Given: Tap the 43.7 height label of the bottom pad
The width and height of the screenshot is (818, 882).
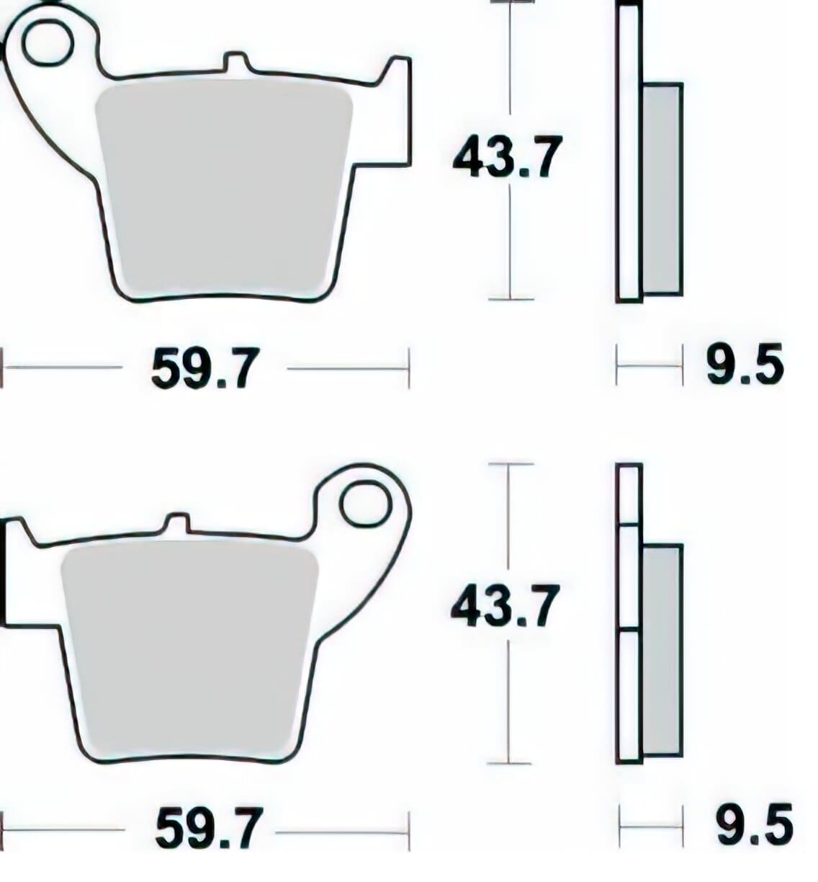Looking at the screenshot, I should [504, 606].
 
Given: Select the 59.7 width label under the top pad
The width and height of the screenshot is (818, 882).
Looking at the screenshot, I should [204, 369].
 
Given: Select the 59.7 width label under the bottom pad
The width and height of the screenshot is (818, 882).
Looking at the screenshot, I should [207, 829].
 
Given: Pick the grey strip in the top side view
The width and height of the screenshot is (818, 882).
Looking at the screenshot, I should [662, 189].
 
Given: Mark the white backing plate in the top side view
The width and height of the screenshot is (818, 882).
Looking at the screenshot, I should [629, 151].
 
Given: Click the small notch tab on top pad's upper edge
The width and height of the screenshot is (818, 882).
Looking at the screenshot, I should [237, 62].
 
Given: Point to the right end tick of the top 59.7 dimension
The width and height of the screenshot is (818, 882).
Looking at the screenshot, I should [409, 368].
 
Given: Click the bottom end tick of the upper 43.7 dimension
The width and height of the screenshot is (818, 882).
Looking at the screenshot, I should [511, 298].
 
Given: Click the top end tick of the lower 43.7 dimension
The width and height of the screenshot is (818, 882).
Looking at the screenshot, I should [510, 464].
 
